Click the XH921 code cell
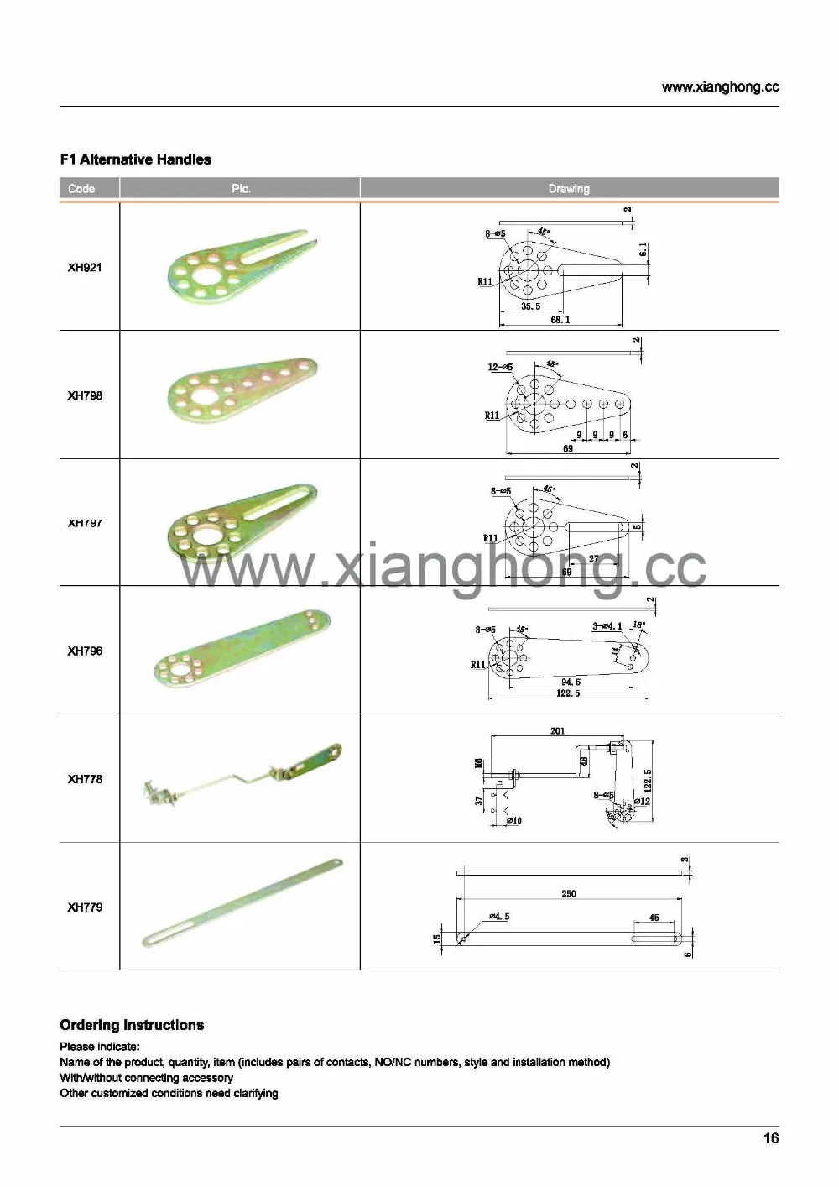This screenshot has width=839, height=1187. click(x=85, y=268)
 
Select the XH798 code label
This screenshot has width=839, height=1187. click(x=85, y=395)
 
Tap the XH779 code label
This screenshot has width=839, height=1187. click(x=85, y=907)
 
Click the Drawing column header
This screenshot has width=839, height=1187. click(x=569, y=189)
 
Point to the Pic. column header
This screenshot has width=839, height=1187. click(x=241, y=189)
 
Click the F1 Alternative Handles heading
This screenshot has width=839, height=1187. click(x=135, y=159)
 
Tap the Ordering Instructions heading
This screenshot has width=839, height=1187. click(x=132, y=1025)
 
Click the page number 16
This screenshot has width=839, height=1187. click(x=770, y=1138)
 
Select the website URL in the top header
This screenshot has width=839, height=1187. click(x=720, y=87)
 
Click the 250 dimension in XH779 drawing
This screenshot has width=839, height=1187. click(x=569, y=894)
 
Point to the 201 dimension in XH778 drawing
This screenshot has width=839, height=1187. click(x=557, y=731)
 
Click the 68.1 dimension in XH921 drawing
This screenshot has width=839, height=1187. click(x=560, y=320)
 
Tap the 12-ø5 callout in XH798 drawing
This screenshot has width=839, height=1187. click(x=500, y=368)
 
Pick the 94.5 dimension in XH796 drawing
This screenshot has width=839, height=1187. click(x=571, y=682)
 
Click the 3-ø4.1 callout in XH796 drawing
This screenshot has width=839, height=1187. click(x=607, y=626)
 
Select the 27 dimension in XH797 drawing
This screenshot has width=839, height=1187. click(x=593, y=559)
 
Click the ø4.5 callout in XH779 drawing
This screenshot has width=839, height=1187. click(x=498, y=917)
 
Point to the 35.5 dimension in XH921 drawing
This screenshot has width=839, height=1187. click(x=530, y=306)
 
